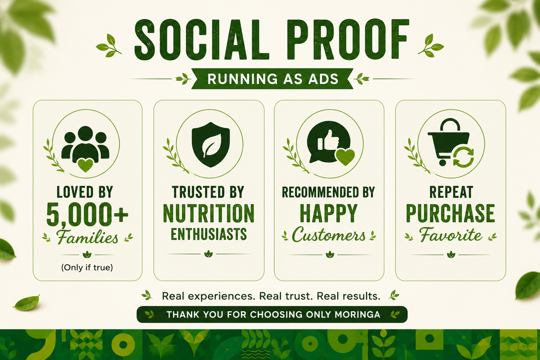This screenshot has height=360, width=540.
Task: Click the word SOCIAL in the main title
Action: tap(201, 39)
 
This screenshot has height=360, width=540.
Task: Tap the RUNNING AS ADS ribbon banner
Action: tap(272, 79)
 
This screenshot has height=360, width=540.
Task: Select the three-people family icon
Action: tap(85, 145)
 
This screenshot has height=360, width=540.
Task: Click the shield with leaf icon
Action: tap(211, 145)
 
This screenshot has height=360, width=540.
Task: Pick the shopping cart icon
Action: tap(449, 142)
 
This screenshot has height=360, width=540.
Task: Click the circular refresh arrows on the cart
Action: tap(464, 158)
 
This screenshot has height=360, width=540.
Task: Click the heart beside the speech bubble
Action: tap(345, 157)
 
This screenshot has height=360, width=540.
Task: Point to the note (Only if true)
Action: tap(87, 268)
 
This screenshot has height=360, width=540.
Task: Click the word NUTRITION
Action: tap(209, 213)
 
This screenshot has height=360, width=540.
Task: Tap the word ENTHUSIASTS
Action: tap(209, 234)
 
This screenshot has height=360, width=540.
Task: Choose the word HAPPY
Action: tap(329, 213)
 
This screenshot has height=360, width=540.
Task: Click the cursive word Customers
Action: tap(329, 235)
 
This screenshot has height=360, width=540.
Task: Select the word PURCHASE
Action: tap(450, 213)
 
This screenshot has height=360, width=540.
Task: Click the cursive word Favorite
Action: tap(451, 235)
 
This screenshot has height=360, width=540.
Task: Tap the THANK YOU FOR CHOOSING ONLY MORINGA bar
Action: tap(272, 314)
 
